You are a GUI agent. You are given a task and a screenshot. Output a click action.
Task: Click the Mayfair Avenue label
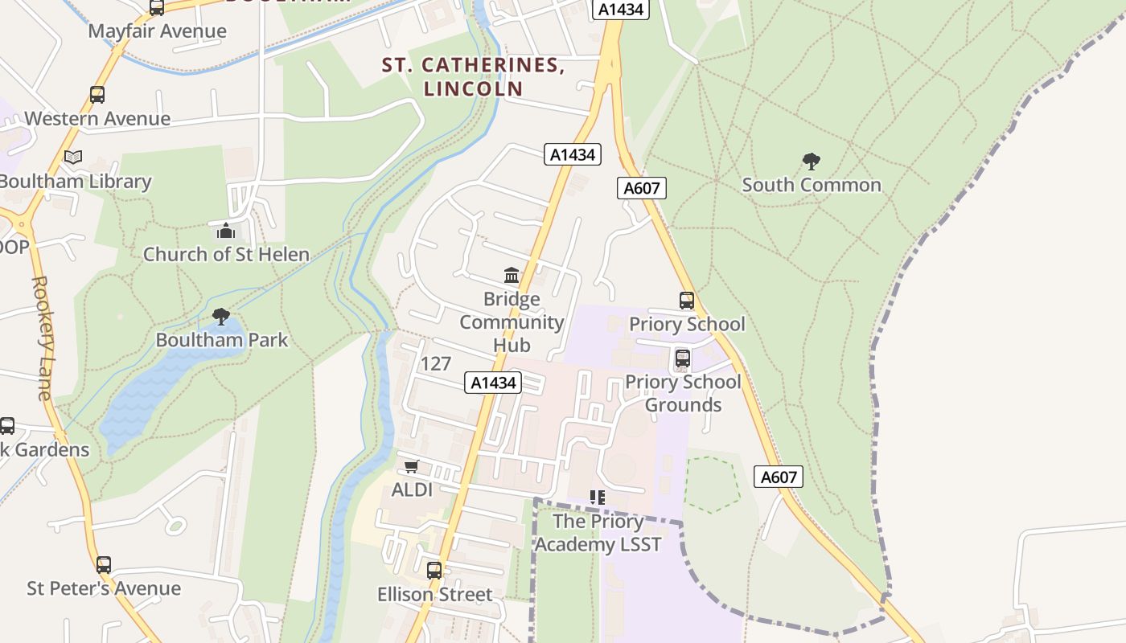coord(157,31)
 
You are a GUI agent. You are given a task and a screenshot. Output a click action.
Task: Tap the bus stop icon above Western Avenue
coord(97,95)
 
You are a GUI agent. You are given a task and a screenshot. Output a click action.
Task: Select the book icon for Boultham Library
coord(73,158)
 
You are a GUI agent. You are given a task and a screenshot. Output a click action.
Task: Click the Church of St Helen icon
coord(226,231)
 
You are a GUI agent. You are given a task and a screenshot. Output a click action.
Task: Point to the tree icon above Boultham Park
coord(221,317)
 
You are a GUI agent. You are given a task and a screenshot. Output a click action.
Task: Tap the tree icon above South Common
coord(811,162)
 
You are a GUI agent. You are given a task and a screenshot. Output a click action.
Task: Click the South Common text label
coord(811,185)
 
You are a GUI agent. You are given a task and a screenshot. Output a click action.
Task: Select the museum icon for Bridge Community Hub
coord(512,276)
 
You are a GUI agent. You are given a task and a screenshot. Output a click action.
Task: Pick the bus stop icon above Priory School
coord(686,301)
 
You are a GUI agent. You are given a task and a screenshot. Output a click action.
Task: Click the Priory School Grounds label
coord(683,393)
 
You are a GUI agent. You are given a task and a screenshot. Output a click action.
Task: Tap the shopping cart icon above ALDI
coord(412,467)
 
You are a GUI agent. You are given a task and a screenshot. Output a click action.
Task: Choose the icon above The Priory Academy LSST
coord(598,498)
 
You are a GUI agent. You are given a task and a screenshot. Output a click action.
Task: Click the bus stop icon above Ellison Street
coord(434,571)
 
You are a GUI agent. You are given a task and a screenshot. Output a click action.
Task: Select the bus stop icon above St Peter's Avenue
coord(104,565)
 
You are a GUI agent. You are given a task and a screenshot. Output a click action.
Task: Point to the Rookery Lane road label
coord(42,338)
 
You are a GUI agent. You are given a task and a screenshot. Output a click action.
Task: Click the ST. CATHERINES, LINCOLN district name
coord(473,76)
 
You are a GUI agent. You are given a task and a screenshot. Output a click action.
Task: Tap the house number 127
coord(435,364)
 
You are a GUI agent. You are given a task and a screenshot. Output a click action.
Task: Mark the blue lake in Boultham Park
coord(161,386)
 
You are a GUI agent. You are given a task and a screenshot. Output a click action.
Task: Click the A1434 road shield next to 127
coord(493,383)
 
